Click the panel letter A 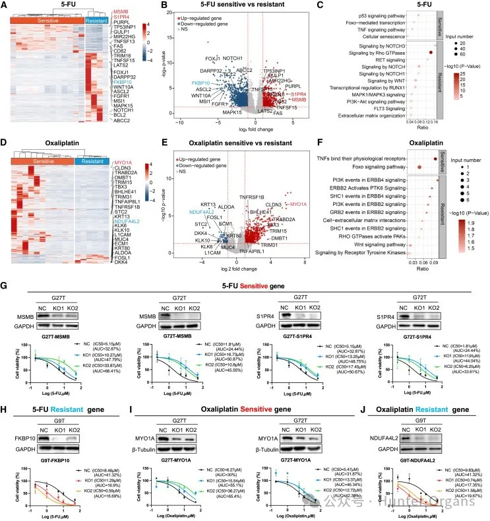5,6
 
